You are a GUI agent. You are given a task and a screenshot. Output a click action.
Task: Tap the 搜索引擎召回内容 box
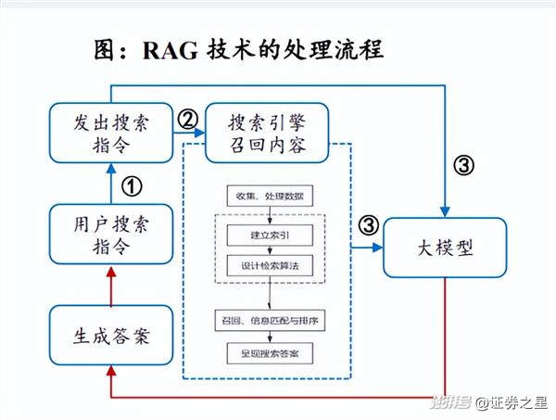coord(266,134)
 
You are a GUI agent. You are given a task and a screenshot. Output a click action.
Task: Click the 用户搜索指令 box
coord(110,235)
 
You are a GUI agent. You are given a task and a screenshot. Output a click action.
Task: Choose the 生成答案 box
coord(110,337)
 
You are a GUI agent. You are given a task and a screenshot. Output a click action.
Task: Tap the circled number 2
coord(187,120)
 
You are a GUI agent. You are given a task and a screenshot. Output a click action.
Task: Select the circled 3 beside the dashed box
coord(368,224)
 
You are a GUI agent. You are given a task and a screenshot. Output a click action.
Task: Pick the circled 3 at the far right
coord(463,166)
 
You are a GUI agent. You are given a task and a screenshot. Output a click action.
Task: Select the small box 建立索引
coord(270,235)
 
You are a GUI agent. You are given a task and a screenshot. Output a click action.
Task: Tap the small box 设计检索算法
coord(270,265)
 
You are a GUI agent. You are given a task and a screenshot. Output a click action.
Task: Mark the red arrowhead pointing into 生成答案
coord(110,371)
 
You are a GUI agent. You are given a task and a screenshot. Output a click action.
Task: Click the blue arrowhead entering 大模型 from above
coord(448,211)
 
